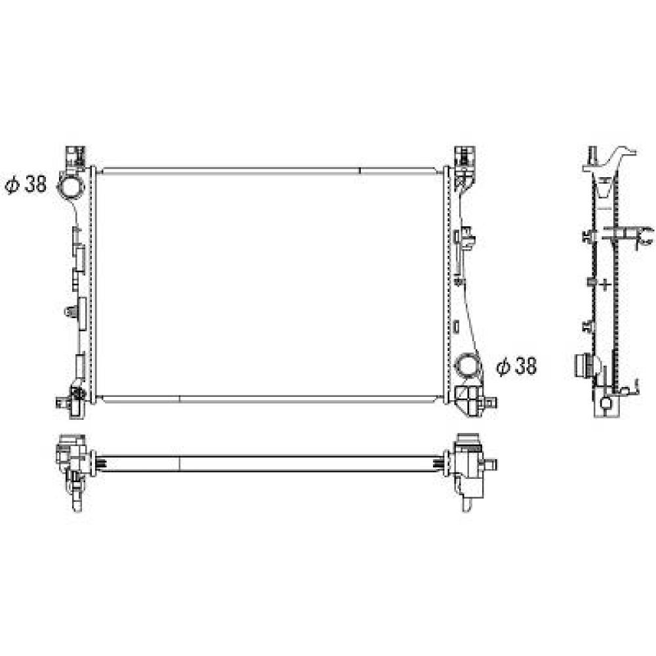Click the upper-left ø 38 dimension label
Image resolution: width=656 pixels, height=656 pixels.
(x=26, y=185)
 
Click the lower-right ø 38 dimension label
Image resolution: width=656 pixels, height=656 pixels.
(x=516, y=367)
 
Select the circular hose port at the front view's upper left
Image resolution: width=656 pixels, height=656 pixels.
(x=71, y=186)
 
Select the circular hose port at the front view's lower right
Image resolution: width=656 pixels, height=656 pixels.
(x=469, y=365)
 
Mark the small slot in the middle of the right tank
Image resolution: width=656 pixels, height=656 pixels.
(x=456, y=324)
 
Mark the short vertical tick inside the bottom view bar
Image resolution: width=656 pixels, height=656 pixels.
(x=179, y=462)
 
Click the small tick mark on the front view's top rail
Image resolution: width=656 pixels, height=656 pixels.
(x=360, y=170)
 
